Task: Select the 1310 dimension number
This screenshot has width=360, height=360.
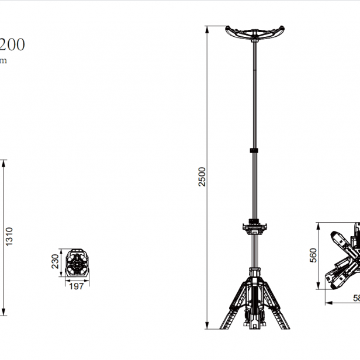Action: pyautogui.click(x=9, y=236)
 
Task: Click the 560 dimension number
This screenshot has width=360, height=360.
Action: pyautogui.click(x=313, y=255)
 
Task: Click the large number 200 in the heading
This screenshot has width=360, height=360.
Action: pyautogui.click(x=12, y=45)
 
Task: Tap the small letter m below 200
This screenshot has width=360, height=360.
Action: pyautogui.click(x=3, y=61)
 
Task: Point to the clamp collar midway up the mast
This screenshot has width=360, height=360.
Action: pyautogui.click(x=254, y=150)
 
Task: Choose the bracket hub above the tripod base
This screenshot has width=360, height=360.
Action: pyautogui.click(x=254, y=227)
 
